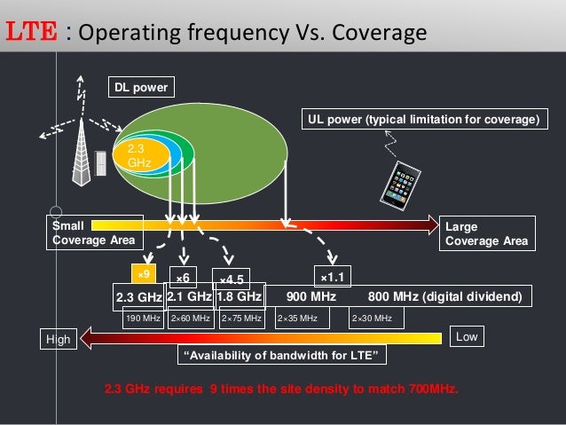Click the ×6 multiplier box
tap(185, 278)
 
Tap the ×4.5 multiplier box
tap(236, 279)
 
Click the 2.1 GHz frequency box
tap(189, 296)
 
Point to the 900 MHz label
tap(312, 296)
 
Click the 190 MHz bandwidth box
tap(142, 318)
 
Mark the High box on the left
tap(59, 338)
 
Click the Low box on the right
tap(466, 337)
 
